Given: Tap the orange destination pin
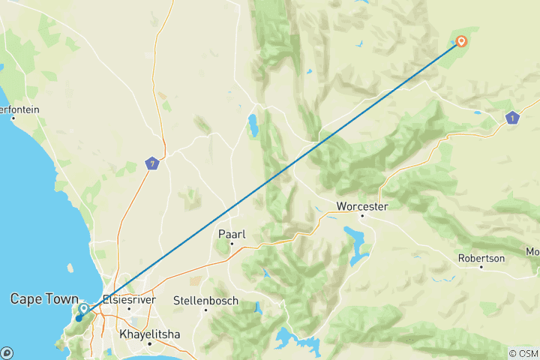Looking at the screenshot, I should (x=461, y=42).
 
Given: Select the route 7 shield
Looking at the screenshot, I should (x=152, y=163).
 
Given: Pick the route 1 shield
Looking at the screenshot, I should (x=512, y=118).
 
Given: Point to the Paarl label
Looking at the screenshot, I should (x=232, y=233).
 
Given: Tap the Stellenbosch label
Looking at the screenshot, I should (x=205, y=301).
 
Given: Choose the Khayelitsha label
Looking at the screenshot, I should (x=150, y=334).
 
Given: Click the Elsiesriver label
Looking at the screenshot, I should (x=129, y=298).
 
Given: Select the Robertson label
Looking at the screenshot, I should (x=481, y=258).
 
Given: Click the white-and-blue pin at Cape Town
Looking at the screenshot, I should (x=83, y=308).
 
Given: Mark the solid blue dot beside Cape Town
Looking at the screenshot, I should (x=78, y=319).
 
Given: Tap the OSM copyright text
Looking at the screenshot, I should (x=523, y=353).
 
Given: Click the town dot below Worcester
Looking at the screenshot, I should (x=361, y=216).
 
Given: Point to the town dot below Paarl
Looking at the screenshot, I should (x=232, y=244).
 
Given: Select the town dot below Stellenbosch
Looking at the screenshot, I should (x=205, y=311).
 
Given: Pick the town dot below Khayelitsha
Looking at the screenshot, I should (x=150, y=344).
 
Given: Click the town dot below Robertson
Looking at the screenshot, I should (x=481, y=268).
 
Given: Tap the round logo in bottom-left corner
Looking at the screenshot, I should (x=6, y=352).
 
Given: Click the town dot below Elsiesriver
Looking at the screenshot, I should (x=129, y=308).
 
